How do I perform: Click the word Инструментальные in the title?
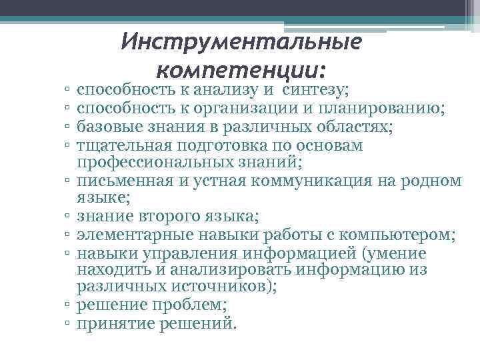coord(242,43)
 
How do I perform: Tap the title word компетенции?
coord(242,69)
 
